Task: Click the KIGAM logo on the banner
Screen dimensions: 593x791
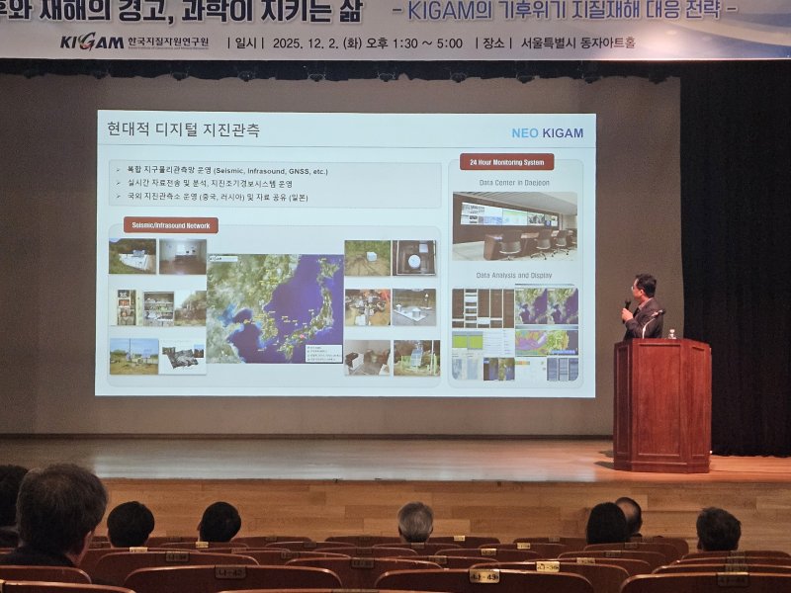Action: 91,42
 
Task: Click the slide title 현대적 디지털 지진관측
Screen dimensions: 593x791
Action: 185,130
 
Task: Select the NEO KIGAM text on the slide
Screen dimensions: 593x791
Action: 547,132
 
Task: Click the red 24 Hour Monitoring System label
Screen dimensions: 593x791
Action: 506,162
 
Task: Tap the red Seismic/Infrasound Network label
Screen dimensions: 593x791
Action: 171,225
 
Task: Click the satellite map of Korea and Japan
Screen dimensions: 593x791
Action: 274,307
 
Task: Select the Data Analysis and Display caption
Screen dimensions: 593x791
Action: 515,275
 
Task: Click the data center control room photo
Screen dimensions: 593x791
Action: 514,226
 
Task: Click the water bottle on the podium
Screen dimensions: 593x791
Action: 672,334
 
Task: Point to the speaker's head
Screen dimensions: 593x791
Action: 645,287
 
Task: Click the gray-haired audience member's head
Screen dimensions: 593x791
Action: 415,520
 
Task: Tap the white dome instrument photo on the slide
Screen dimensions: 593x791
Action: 414,257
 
